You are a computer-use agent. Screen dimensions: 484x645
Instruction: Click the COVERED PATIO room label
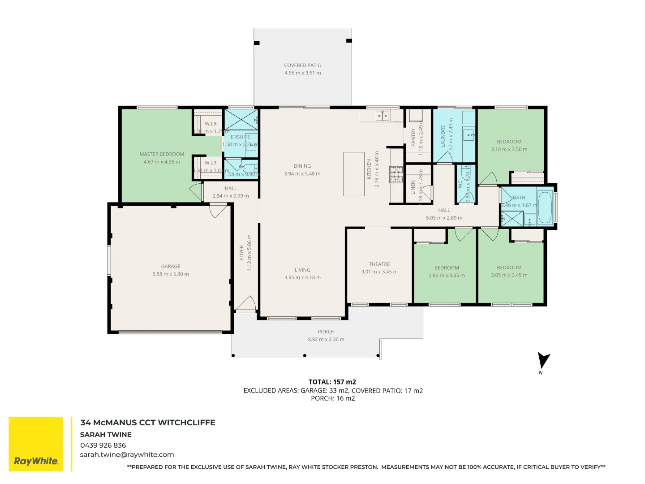[302, 65]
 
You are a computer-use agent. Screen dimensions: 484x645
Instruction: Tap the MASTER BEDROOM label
[162, 154]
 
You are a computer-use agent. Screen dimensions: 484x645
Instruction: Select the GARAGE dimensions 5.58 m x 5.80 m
[171, 274]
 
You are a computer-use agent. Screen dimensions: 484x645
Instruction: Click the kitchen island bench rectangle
[354, 174]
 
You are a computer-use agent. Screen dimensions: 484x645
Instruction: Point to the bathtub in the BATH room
[545, 207]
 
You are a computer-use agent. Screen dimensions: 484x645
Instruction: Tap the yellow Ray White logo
[36, 444]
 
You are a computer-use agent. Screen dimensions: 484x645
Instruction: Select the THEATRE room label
[379, 264]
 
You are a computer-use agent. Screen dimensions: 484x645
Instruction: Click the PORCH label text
[326, 332]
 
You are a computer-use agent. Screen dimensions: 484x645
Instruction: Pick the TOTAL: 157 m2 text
[332, 382]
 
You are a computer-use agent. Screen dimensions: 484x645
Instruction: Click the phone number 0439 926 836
[103, 445]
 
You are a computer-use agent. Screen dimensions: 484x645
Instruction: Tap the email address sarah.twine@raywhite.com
[127, 455]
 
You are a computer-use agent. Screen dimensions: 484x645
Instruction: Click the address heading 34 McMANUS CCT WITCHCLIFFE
[148, 423]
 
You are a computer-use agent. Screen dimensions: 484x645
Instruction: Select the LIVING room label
[302, 270]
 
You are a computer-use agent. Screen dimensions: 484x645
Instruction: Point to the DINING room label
[302, 166]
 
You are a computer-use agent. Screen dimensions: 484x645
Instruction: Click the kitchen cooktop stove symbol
[396, 175]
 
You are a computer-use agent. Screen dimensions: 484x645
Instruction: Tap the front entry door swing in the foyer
[245, 303]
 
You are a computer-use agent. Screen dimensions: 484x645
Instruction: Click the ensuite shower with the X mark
[241, 120]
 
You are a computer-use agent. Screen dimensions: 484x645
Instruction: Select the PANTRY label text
[413, 138]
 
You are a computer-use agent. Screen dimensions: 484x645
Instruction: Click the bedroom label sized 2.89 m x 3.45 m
[447, 268]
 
